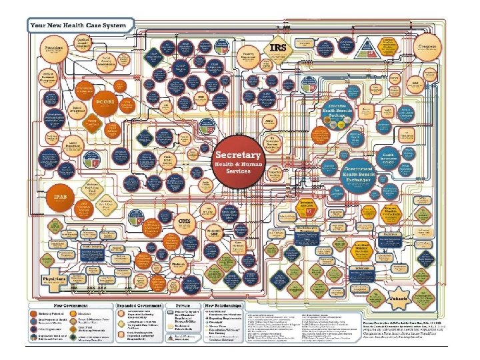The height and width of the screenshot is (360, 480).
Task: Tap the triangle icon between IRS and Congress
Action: coord(387,46)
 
